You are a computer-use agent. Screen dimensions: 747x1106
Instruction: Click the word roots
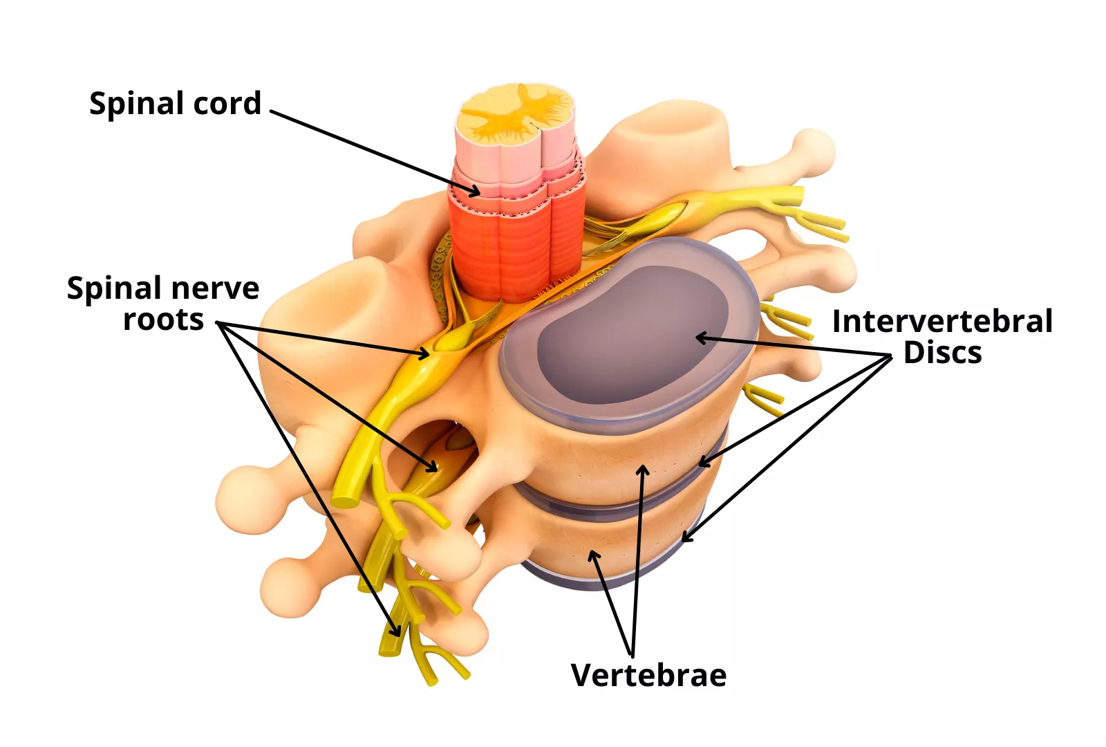163,320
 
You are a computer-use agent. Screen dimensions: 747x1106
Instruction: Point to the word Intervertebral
942,322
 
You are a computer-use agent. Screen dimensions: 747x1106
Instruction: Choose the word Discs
942,353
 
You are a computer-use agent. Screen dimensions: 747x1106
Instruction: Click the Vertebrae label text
648,676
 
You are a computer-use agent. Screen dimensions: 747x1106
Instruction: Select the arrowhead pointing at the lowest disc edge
686,537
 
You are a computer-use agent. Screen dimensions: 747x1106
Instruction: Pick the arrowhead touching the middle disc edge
702,462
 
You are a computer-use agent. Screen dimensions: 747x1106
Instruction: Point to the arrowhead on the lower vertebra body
593,555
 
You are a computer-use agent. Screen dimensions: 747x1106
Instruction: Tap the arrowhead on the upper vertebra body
643,469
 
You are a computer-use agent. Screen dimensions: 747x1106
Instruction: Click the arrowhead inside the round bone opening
433,468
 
